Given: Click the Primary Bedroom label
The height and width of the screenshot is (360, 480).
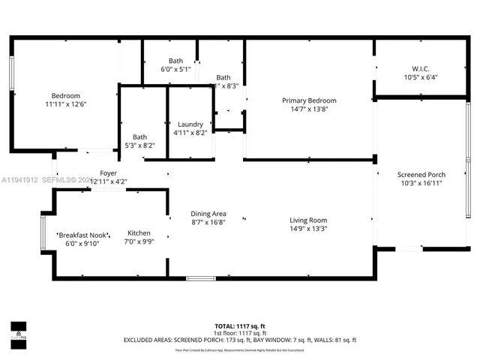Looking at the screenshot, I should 309,100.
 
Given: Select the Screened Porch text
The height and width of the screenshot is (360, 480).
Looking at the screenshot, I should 421,175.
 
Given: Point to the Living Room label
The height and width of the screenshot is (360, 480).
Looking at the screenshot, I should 309,220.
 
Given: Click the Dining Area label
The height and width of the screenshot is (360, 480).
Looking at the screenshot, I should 208,214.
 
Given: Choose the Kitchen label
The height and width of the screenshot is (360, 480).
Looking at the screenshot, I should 139,232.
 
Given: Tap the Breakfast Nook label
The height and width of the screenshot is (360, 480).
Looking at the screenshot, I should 82,234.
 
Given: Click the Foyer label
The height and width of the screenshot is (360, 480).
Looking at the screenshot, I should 109,173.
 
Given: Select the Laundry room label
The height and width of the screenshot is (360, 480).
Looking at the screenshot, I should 190,124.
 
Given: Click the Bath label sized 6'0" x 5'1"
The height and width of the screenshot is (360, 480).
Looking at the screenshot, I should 175,61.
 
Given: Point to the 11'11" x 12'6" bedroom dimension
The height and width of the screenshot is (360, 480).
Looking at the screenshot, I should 66,105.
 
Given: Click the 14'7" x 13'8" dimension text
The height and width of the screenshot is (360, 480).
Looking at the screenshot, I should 309,109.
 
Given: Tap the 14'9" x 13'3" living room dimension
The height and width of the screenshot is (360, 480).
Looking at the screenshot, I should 309,229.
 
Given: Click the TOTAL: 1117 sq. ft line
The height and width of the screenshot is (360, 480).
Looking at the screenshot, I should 240,326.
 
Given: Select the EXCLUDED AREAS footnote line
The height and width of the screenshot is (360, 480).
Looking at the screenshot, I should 240,340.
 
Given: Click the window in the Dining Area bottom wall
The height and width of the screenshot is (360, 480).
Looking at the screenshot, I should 200,278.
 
